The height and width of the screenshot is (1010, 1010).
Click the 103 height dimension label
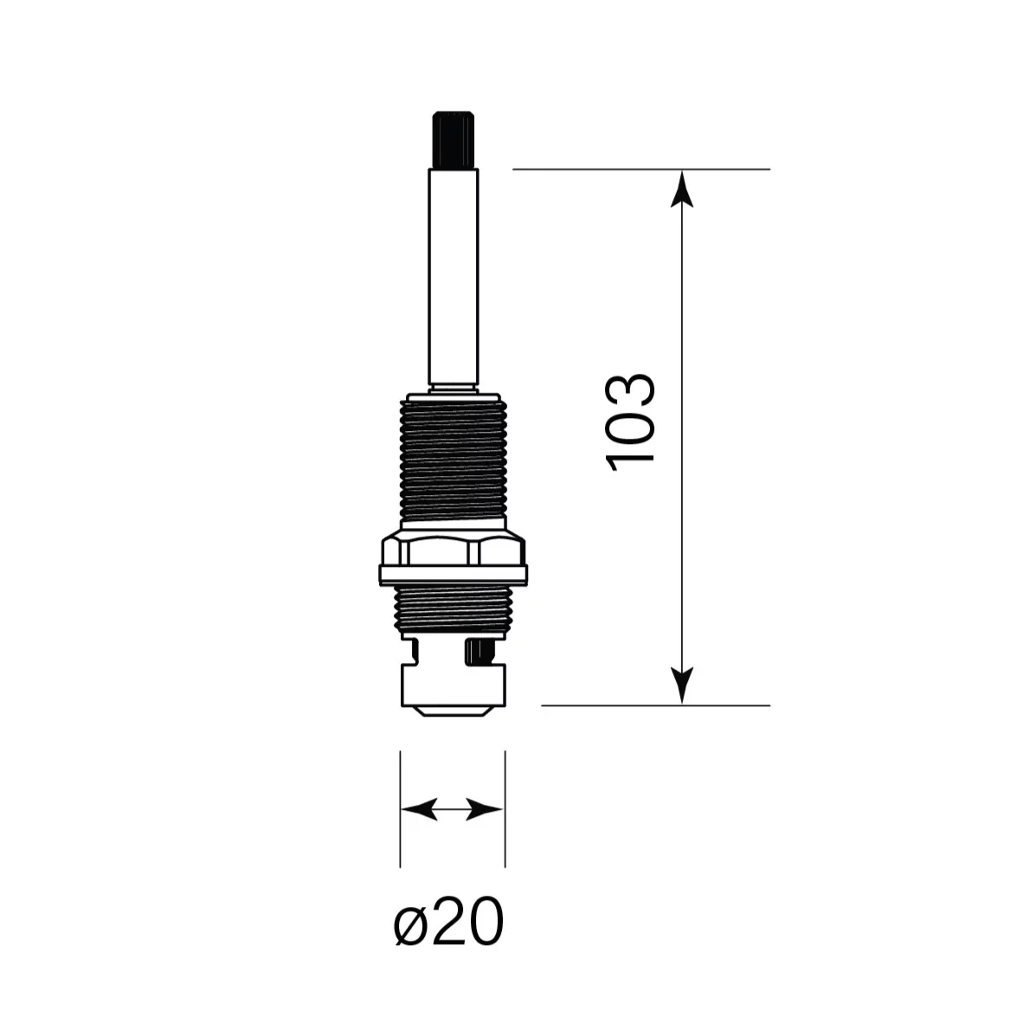click(x=631, y=421)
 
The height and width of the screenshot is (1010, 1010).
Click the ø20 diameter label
click(x=448, y=921)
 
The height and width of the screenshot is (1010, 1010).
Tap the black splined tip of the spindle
click(x=454, y=140)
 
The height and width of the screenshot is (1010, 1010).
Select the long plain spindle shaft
click(x=454, y=277)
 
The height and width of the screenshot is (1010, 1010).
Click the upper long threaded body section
click(x=454, y=461)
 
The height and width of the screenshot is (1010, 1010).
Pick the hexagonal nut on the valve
click(x=454, y=548)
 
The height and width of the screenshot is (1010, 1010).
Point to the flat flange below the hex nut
click(x=454, y=574)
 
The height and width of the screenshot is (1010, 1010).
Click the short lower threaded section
click(x=454, y=611)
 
